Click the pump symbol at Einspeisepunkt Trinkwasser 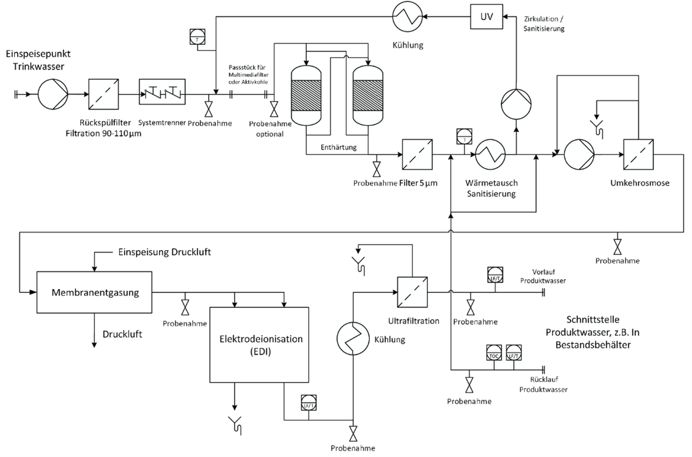tap(53, 95)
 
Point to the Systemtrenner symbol tap(162, 95)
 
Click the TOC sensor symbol tap(494, 352)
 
